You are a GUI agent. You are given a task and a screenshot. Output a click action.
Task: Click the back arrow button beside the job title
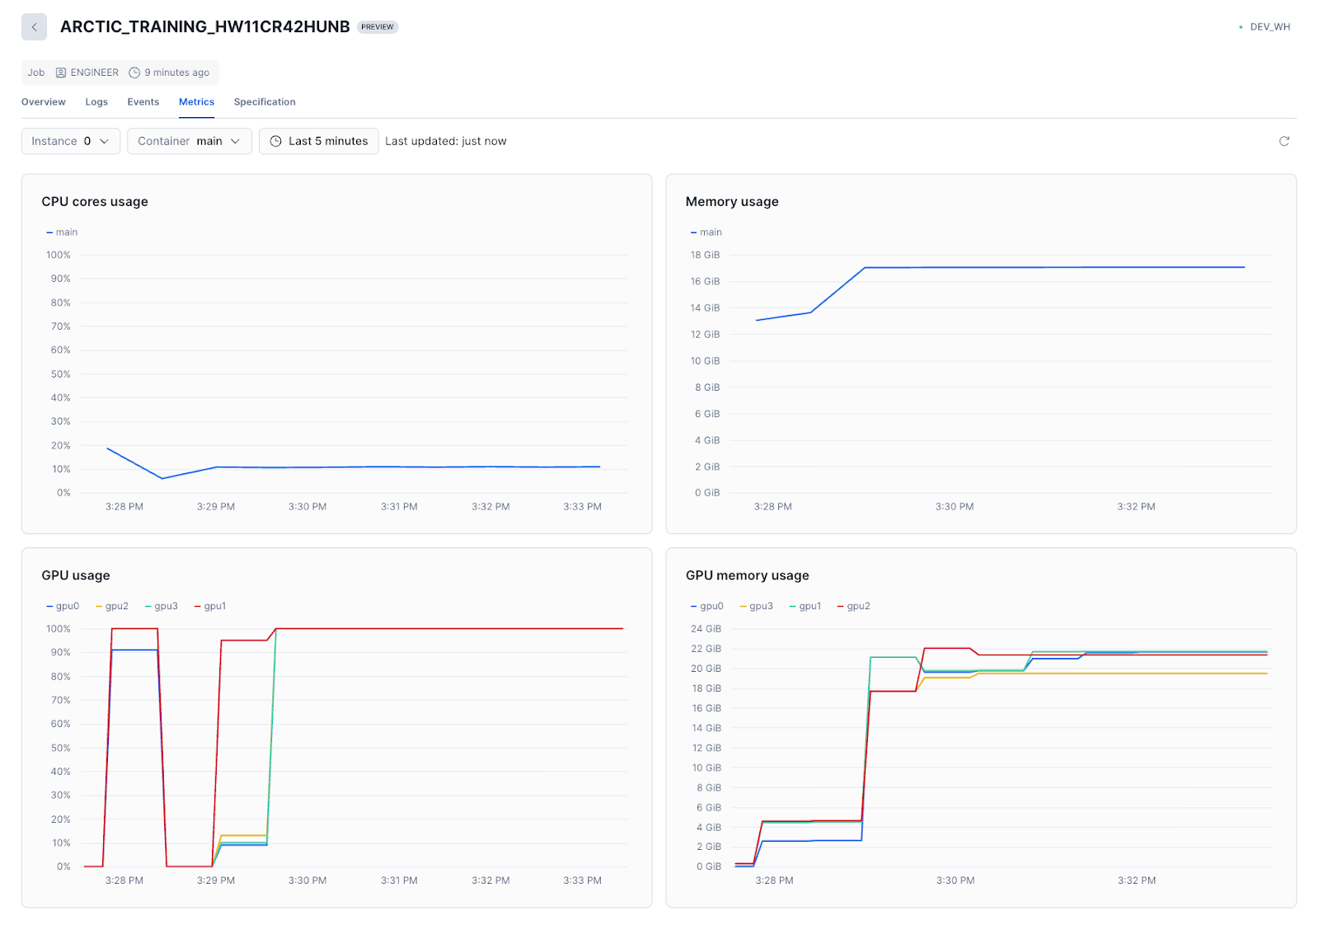pos(34,27)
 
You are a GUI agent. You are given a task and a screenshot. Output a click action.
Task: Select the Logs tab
pos(96,102)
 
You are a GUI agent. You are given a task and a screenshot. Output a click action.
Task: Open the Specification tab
pos(264,102)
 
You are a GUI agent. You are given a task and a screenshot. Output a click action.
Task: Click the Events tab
pos(143,102)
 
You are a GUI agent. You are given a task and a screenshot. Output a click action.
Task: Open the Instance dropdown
pos(70,141)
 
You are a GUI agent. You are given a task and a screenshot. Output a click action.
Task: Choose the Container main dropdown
pos(189,141)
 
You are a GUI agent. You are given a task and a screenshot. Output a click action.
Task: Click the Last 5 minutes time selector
pos(318,141)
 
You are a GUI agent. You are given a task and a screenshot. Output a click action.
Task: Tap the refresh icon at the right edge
pos(1284,141)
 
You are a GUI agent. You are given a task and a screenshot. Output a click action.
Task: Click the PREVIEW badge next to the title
pos(378,27)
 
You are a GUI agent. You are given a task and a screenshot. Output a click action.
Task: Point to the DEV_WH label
pos(1270,27)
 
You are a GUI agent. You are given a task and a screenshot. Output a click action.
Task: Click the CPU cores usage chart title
pos(95,201)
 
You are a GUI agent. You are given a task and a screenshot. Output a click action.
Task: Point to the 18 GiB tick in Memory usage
pos(705,255)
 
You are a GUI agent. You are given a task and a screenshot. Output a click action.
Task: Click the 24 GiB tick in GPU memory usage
pos(706,629)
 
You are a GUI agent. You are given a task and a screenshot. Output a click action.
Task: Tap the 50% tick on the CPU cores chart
pos(60,374)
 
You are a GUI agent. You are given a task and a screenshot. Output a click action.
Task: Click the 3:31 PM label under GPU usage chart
pos(399,880)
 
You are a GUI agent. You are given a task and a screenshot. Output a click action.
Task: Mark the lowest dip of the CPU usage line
pos(162,478)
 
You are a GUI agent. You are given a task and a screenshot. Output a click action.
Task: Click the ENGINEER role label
pos(94,73)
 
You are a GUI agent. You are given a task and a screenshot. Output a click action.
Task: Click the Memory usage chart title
pos(731,201)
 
